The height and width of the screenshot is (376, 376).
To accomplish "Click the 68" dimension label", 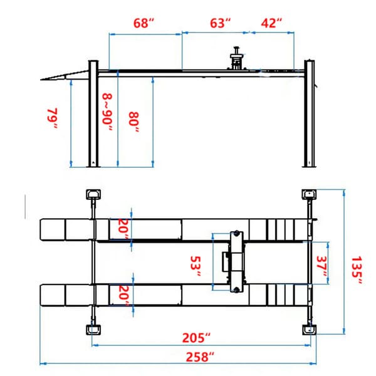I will coord(144,23).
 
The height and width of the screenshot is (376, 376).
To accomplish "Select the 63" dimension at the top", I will coord(220,23).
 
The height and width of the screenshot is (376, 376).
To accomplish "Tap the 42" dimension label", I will coord(271,23).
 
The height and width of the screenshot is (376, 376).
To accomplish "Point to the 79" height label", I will coord(53,119).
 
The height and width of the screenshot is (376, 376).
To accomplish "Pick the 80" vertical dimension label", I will coord(134,120).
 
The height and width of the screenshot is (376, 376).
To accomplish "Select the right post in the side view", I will coord(308,113).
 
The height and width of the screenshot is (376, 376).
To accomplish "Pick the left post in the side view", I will coord(93,113).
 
